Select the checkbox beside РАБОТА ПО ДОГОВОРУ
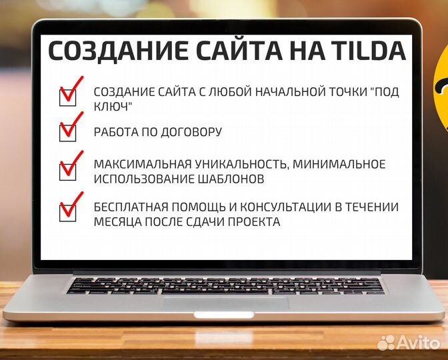68,133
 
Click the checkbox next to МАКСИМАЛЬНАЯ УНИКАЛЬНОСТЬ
68,171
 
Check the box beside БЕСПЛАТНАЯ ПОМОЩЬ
68,212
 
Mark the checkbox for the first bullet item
68,97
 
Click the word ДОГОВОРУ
193,132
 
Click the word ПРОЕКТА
256,221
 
